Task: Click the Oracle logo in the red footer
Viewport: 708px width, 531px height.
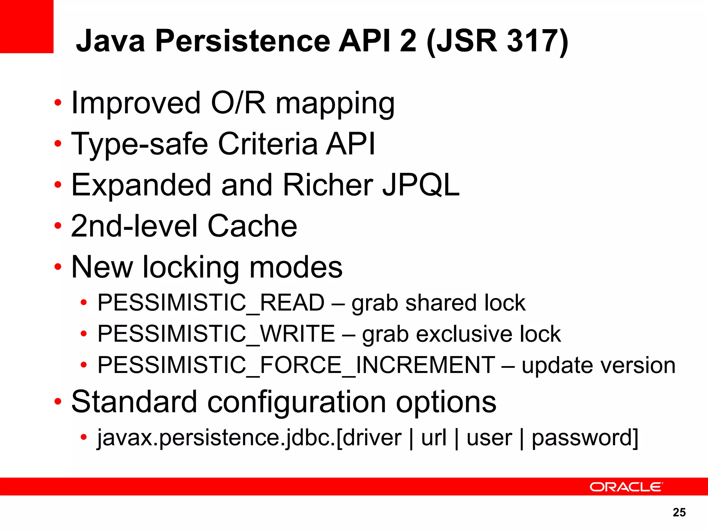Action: [x=626, y=487]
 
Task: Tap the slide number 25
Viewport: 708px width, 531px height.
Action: [x=679, y=512]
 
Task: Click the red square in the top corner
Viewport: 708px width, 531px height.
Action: [x=27, y=27]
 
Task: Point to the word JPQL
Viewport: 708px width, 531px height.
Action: [x=421, y=185]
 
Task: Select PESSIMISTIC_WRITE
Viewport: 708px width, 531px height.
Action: [x=216, y=334]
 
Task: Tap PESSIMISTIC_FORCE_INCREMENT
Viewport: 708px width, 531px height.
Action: [x=296, y=365]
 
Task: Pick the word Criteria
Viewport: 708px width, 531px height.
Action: [x=268, y=144]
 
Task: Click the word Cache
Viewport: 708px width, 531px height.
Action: [x=252, y=226]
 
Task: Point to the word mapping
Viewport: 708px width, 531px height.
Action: [x=335, y=103]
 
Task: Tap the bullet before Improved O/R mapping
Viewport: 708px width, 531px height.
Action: [x=58, y=103]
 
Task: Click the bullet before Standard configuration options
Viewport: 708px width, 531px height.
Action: [x=58, y=402]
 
